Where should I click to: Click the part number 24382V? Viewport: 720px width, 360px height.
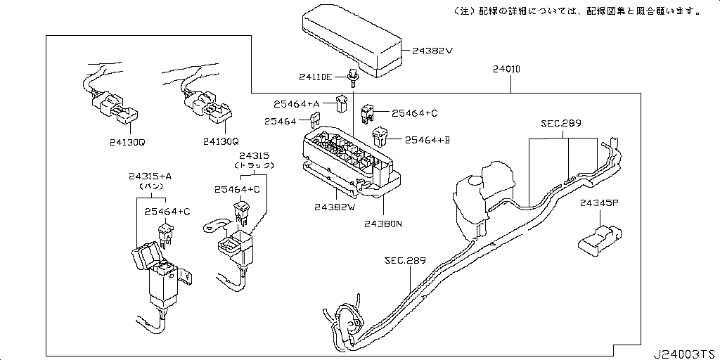(x=432, y=51)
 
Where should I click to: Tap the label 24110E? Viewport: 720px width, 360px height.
(x=315, y=77)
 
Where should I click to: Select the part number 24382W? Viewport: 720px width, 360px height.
(x=335, y=207)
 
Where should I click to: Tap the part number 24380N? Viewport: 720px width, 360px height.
(x=383, y=224)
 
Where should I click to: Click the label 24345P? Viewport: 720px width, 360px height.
(x=598, y=203)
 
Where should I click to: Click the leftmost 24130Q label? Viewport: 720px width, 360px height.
(x=127, y=141)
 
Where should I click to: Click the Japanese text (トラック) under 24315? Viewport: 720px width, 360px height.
(x=254, y=165)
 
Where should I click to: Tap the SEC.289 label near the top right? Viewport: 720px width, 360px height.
(x=561, y=123)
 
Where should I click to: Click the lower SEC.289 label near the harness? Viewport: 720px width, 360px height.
(x=405, y=260)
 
